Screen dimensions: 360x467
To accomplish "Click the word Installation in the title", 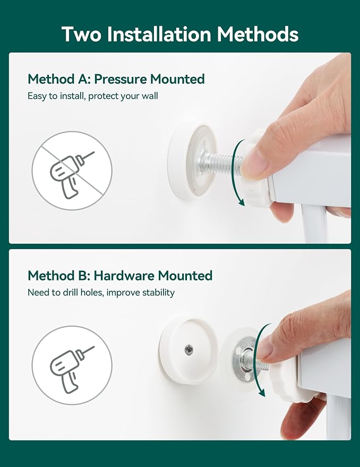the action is pyautogui.click(x=159, y=34).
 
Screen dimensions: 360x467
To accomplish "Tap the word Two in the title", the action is pyautogui.click(x=81, y=34).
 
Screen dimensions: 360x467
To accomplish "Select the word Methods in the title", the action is pyautogui.click(x=258, y=34).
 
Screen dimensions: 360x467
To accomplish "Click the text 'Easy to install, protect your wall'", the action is pyautogui.click(x=93, y=96).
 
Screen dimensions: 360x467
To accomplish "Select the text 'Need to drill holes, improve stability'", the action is pyautogui.click(x=101, y=292).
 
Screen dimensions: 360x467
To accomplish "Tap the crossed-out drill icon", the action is pyautogui.click(x=72, y=171).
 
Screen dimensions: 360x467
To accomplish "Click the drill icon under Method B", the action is pyautogui.click(x=72, y=366).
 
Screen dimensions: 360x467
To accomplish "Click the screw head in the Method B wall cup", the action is pyautogui.click(x=189, y=350).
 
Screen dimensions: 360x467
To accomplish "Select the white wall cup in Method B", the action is pyautogui.click(x=188, y=351).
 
